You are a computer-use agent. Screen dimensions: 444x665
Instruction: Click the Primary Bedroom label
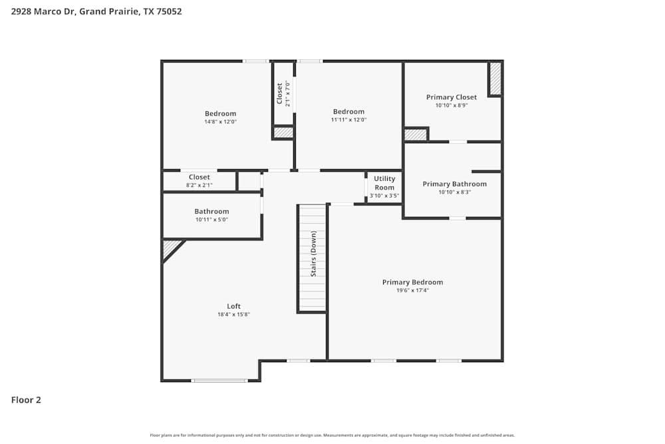point(412,282)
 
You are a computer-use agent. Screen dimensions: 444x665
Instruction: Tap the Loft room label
point(233,306)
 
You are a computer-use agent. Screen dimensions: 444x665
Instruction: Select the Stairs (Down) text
point(313,254)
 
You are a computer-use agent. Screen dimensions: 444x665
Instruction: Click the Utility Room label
point(384,183)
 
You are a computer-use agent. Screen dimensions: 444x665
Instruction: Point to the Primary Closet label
point(452,97)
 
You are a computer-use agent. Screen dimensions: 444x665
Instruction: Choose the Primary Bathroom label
point(455,184)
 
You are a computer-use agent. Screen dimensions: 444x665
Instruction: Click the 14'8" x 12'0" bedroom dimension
point(220,122)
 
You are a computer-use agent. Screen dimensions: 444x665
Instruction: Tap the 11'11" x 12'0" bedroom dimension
point(348,120)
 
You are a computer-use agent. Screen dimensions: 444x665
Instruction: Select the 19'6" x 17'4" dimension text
point(412,291)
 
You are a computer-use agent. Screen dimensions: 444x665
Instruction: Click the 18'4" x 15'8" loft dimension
point(233,315)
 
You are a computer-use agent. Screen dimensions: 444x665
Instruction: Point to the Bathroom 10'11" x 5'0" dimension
point(211,220)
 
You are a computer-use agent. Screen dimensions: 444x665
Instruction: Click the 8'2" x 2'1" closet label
point(199,185)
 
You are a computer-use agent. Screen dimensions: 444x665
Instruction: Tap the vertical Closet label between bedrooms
point(280,93)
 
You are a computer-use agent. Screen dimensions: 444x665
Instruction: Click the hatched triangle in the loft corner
point(170,248)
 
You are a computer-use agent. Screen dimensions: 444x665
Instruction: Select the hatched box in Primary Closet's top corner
point(495,79)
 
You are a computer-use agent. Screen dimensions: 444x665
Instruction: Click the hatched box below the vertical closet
point(283,132)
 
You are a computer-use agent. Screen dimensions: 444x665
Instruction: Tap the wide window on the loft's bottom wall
point(219,380)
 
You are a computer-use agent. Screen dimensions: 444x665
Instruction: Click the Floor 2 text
point(26,400)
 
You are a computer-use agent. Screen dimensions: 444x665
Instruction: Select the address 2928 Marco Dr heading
point(96,11)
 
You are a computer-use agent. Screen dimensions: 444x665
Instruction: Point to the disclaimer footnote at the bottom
point(332,435)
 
